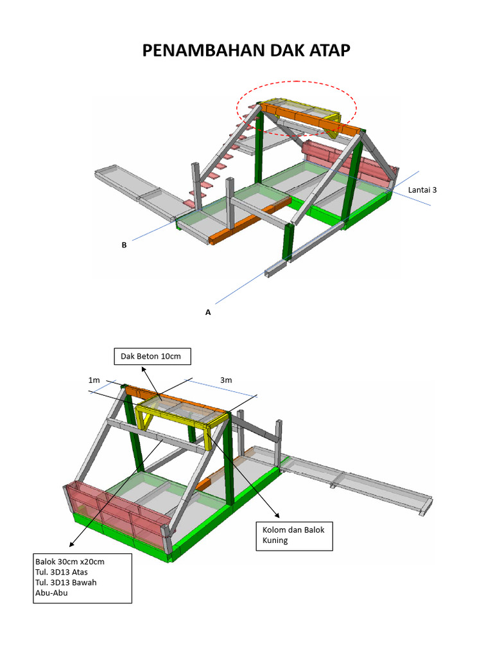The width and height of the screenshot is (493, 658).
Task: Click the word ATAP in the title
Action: tap(329, 50)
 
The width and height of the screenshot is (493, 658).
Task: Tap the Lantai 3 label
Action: tap(422, 190)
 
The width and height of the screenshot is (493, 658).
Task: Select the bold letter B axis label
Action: tap(124, 245)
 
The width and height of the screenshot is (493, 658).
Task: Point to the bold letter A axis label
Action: tap(208, 312)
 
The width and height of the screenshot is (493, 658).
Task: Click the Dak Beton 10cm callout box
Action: tap(153, 356)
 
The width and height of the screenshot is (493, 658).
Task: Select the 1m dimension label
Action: tap(94, 380)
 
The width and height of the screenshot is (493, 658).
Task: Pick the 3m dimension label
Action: tap(226, 380)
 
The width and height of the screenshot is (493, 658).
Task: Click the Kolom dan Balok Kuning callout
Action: tap(294, 535)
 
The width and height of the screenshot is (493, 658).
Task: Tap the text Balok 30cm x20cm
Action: tap(69, 562)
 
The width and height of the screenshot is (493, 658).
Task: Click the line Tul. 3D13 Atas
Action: tap(61, 573)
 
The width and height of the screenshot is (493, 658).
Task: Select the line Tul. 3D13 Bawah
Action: tap(66, 583)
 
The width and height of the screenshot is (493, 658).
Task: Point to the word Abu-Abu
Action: tap(51, 593)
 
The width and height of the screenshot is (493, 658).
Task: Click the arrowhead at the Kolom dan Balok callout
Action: tap(277, 515)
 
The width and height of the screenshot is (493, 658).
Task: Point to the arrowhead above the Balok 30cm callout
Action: tap(72, 544)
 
